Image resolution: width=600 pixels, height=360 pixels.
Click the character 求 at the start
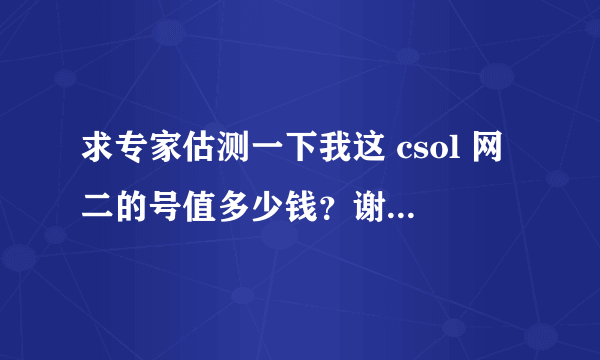coord(98,153)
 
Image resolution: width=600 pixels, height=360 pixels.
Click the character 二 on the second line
coord(98,207)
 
